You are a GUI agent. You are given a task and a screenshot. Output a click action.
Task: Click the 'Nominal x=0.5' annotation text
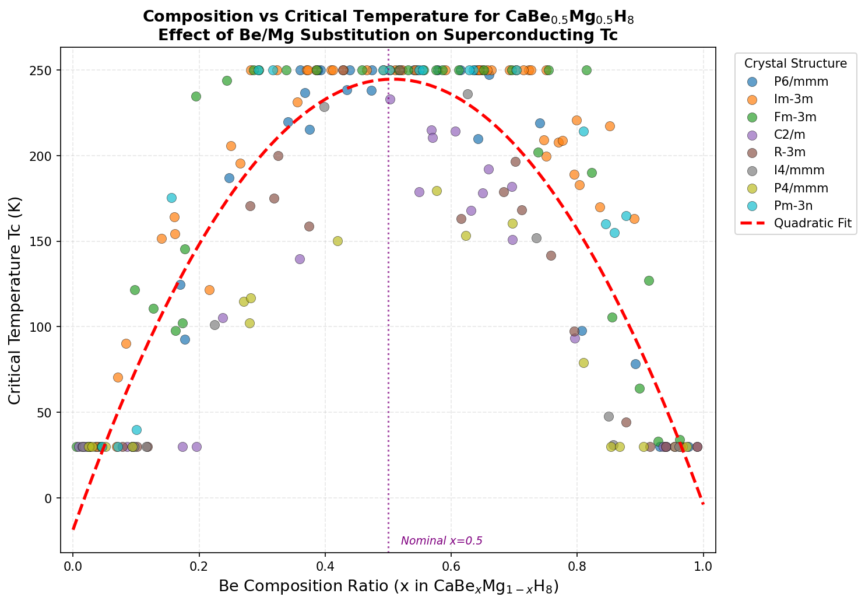tap(442, 541)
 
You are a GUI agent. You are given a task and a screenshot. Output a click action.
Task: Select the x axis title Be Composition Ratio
tap(389, 587)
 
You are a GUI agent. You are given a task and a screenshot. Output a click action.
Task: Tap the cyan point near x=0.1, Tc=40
tap(136, 430)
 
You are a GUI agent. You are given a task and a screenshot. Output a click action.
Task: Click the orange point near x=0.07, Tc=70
tap(118, 377)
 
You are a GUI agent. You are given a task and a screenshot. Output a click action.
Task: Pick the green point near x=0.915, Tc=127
tap(649, 280)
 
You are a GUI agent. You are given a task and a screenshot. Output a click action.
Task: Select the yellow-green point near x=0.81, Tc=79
tap(583, 363)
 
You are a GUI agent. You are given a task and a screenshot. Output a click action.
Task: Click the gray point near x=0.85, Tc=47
tap(609, 416)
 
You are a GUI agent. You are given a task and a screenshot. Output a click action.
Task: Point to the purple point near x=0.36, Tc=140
tap(300, 259)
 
